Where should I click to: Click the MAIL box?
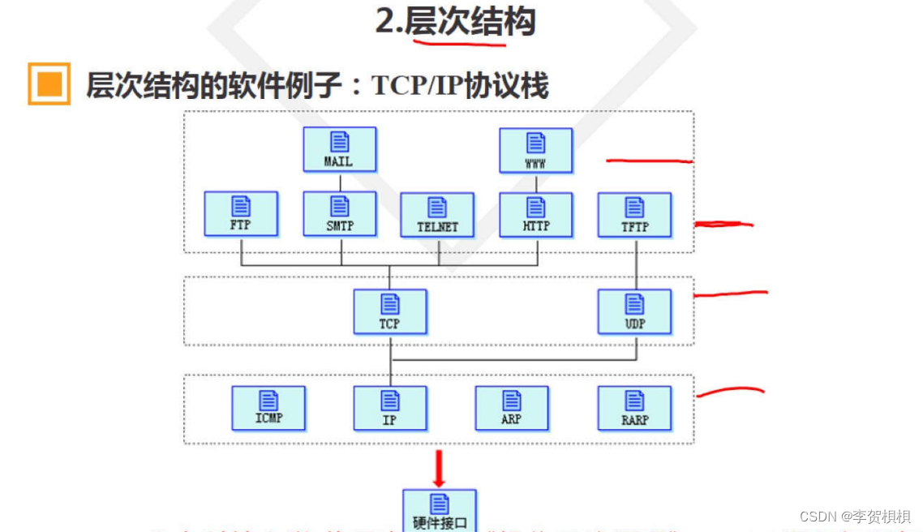point(339,149)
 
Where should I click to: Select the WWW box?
point(535,150)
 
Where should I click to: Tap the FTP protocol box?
point(241,214)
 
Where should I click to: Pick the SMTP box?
point(339,214)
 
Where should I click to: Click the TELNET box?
point(437,215)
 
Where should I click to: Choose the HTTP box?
point(535,214)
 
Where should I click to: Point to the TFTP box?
point(634,214)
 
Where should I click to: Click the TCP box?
point(389,311)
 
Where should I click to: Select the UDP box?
point(634,311)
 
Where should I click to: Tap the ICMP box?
point(268,408)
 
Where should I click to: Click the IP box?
point(389,408)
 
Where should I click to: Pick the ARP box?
point(511,408)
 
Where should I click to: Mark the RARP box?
point(634,408)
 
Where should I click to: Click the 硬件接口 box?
point(439,511)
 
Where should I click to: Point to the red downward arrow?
point(439,469)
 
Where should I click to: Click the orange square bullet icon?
point(49,84)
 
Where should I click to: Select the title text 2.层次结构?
point(455,22)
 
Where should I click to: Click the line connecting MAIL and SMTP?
point(340,182)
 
